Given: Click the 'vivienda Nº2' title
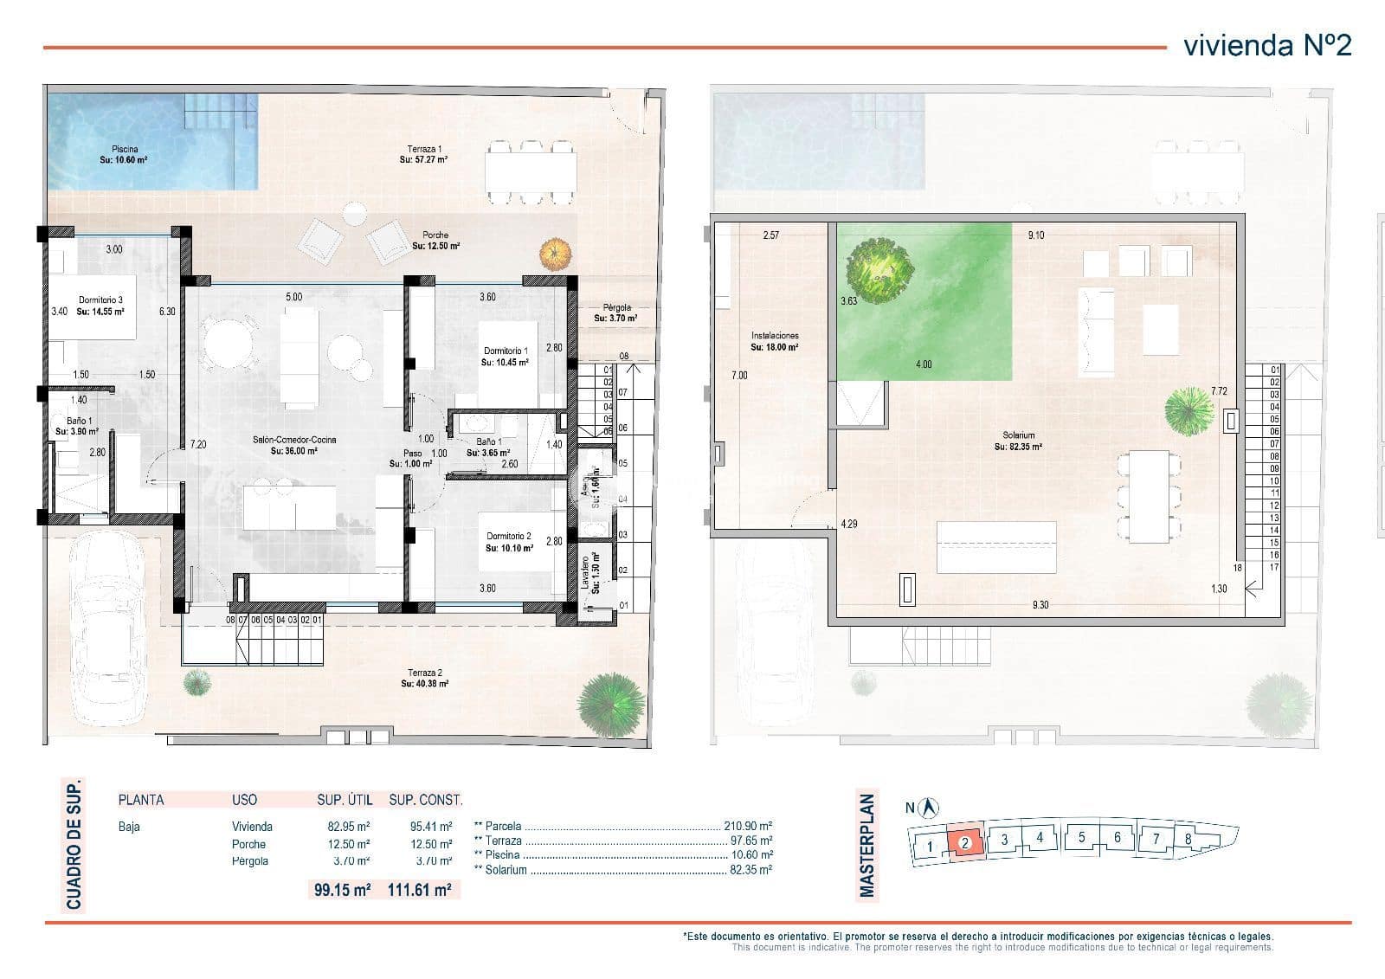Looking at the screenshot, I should pos(1266,45).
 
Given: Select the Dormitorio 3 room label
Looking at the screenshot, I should pos(100,306).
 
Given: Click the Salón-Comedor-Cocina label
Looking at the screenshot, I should pos(294,445).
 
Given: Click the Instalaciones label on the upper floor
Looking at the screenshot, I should pos(775,340).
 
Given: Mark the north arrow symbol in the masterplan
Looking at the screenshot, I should pos(931,808).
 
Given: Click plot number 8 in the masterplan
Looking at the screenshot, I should pos(1188,838).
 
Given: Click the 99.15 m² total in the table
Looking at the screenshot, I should pos(343,889).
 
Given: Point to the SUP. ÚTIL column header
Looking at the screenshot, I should pos(344,800).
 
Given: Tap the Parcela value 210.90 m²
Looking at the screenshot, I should pos(748,827).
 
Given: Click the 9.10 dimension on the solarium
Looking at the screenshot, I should pos(1035,235).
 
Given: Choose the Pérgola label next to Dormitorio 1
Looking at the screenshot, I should pos(616,312).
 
